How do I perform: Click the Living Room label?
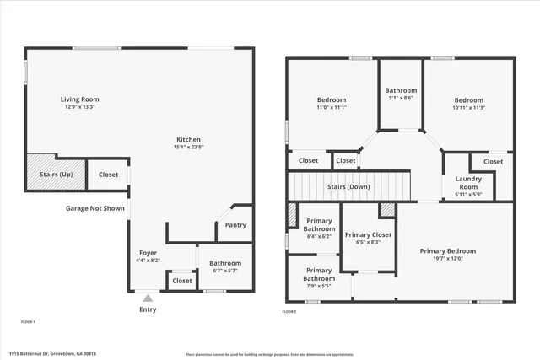pos(79,99)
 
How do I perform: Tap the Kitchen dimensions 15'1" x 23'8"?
pos(188,148)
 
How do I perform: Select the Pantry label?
pos(235,225)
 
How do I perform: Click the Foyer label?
pos(148,253)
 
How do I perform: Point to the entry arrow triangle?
pos(148,297)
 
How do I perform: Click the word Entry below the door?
pos(148,309)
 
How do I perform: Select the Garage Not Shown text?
pos(95,207)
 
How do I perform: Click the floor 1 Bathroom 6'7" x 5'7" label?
pos(225,267)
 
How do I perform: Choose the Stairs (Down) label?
pos(348,187)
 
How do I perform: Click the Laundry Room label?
pos(467,182)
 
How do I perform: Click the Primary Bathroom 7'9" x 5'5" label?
pos(319,274)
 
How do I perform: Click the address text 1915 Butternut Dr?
pos(52,354)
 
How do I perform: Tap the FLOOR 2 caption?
pos(289,311)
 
